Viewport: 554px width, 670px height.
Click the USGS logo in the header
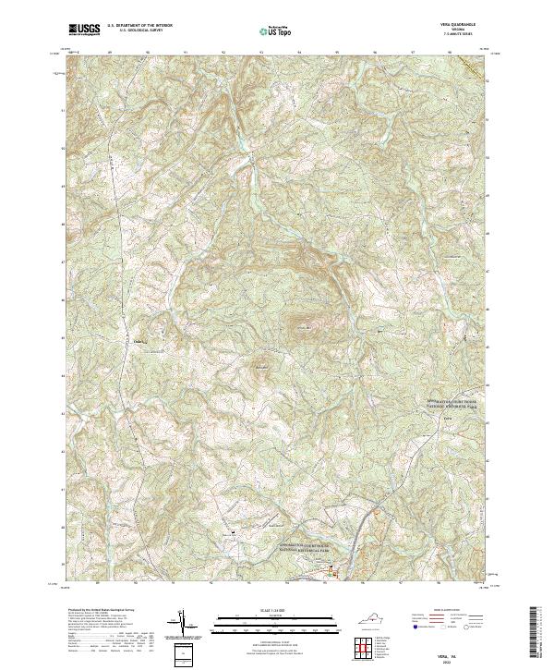click(x=84, y=30)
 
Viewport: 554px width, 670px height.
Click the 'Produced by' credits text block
click(x=102, y=628)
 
